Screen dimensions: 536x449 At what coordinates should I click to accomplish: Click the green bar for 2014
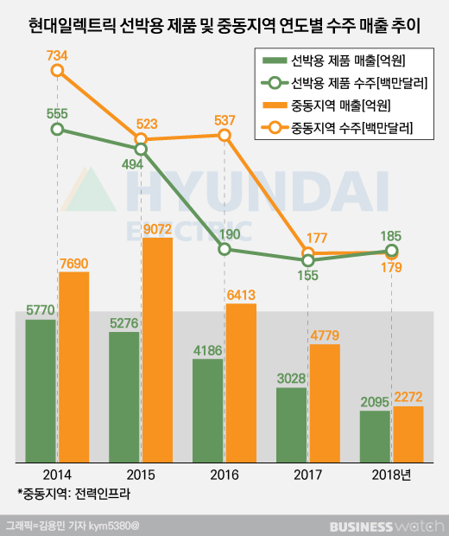41,389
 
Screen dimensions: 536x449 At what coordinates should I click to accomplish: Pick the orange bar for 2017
325,402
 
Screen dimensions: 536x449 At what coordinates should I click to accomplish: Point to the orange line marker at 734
57,71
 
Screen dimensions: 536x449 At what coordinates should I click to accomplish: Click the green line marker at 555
57,129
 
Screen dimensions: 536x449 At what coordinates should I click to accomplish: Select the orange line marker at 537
224,135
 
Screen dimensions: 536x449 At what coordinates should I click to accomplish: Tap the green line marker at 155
308,259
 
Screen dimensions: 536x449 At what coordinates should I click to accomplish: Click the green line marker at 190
224,249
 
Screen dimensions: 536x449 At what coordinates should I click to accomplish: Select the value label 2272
408,397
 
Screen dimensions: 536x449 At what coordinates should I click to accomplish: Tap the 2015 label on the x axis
141,475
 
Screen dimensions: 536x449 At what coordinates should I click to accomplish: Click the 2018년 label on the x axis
394,475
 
